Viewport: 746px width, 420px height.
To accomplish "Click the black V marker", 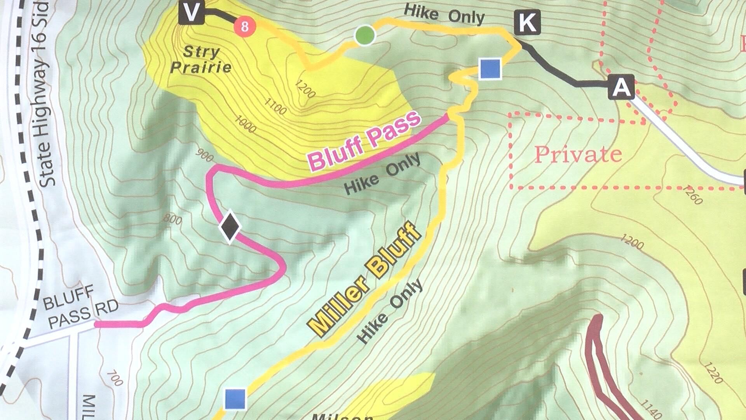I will [191, 13].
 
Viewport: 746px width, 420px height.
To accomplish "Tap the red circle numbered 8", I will [244, 26].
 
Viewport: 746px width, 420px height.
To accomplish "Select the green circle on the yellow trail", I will [365, 35].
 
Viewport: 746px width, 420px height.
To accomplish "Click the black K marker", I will [527, 22].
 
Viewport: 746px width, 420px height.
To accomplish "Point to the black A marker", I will [621, 87].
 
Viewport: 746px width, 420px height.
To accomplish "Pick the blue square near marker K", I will [490, 69].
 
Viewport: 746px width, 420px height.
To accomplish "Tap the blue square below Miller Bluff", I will [235, 399].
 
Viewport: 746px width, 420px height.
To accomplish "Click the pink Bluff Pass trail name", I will [364, 141].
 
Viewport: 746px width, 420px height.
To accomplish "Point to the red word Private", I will [578, 155].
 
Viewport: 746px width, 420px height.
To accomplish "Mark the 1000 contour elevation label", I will [245, 123].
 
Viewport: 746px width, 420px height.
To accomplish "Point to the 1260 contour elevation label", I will [692, 195].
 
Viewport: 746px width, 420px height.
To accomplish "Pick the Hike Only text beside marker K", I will [444, 15].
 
